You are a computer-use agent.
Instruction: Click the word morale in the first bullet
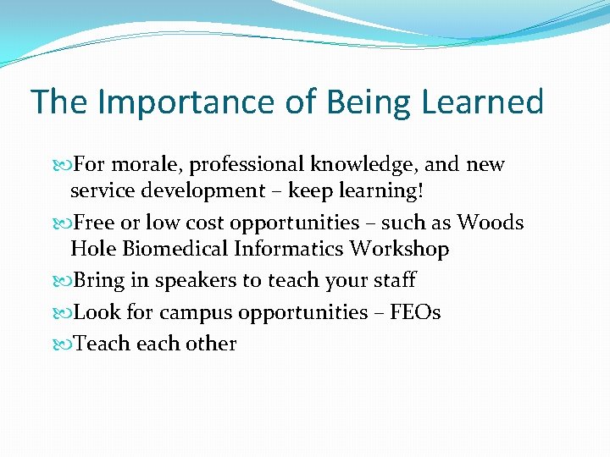coord(145,165)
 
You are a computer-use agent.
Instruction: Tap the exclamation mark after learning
coord(420,190)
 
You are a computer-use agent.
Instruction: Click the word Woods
coord(491,223)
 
